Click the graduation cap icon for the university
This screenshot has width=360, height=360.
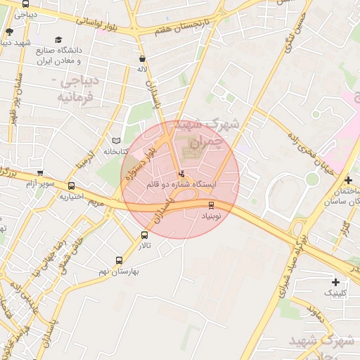tap(58, 40)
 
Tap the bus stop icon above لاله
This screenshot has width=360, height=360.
tap(143, 59)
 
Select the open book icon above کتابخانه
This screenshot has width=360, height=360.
tap(116, 141)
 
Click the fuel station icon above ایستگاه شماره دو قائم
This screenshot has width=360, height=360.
tap(182, 173)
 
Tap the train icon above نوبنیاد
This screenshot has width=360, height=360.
tap(211, 205)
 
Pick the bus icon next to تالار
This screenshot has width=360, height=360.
tap(144, 236)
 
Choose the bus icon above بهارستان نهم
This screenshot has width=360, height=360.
tap(118, 260)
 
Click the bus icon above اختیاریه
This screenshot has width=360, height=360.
tap(71, 186)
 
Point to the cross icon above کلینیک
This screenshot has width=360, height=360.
tap(335, 281)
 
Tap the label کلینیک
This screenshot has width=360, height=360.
tap(335, 292)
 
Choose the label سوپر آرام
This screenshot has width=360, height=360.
tap(40, 184)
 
